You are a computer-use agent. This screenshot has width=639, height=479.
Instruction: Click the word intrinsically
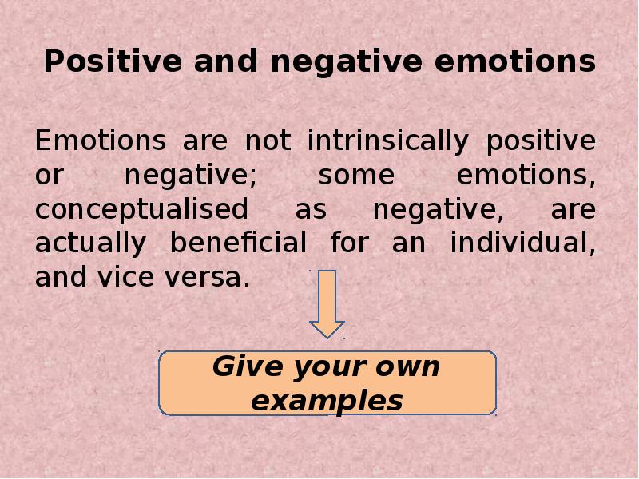387,141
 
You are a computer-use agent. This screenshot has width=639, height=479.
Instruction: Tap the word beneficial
238,242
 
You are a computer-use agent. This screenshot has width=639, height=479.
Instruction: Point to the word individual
523,243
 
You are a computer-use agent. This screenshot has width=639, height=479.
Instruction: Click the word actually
90,243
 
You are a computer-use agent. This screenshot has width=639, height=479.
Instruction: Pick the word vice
125,276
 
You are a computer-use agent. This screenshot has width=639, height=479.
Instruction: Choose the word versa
207,278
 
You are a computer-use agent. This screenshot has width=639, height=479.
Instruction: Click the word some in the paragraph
356,176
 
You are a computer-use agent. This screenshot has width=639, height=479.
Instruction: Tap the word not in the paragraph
268,141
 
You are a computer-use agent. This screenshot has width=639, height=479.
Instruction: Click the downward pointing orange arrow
327,303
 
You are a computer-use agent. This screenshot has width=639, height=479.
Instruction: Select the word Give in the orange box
248,366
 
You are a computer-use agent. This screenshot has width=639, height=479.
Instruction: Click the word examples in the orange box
327,402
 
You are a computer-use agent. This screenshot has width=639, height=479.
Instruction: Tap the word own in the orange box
407,367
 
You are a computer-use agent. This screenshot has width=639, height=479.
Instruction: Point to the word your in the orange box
329,369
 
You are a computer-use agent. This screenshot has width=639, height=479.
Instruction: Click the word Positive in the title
113,61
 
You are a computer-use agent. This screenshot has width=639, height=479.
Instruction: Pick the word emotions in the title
515,61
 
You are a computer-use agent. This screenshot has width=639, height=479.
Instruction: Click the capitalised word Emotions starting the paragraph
101,141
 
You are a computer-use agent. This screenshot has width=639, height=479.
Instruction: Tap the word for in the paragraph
350,242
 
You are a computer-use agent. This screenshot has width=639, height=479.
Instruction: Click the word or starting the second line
50,176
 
